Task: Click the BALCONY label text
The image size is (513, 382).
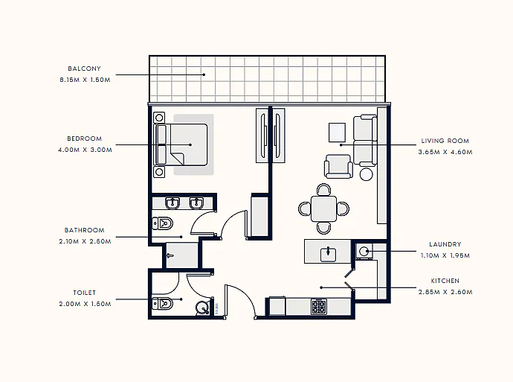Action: click(85, 69)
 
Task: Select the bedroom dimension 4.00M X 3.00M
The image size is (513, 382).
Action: click(85, 150)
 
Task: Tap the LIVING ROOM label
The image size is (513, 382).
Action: click(445, 141)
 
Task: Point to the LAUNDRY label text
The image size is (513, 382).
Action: click(445, 244)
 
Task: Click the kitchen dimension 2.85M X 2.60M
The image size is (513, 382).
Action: click(445, 292)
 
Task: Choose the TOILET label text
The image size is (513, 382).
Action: click(85, 293)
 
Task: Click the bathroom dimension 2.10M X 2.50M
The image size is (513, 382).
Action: click(85, 241)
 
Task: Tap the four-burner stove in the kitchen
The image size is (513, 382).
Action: click(319, 307)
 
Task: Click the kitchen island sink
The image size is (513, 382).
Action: click(328, 254)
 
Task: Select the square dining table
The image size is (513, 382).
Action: click(323, 208)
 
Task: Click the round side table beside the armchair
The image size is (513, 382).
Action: click(366, 174)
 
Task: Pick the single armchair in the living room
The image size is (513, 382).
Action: click(338, 166)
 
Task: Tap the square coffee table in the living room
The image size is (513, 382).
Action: click(337, 133)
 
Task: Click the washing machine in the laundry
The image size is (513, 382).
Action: click(364, 251)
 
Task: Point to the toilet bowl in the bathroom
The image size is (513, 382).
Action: click(163, 223)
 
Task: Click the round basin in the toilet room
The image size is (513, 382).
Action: click(202, 308)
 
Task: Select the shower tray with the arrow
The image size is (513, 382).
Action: click(181, 255)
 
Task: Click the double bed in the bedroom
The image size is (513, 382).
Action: click(181, 144)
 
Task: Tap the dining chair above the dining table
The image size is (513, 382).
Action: click(323, 190)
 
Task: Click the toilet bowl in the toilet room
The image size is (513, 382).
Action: click(163, 304)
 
